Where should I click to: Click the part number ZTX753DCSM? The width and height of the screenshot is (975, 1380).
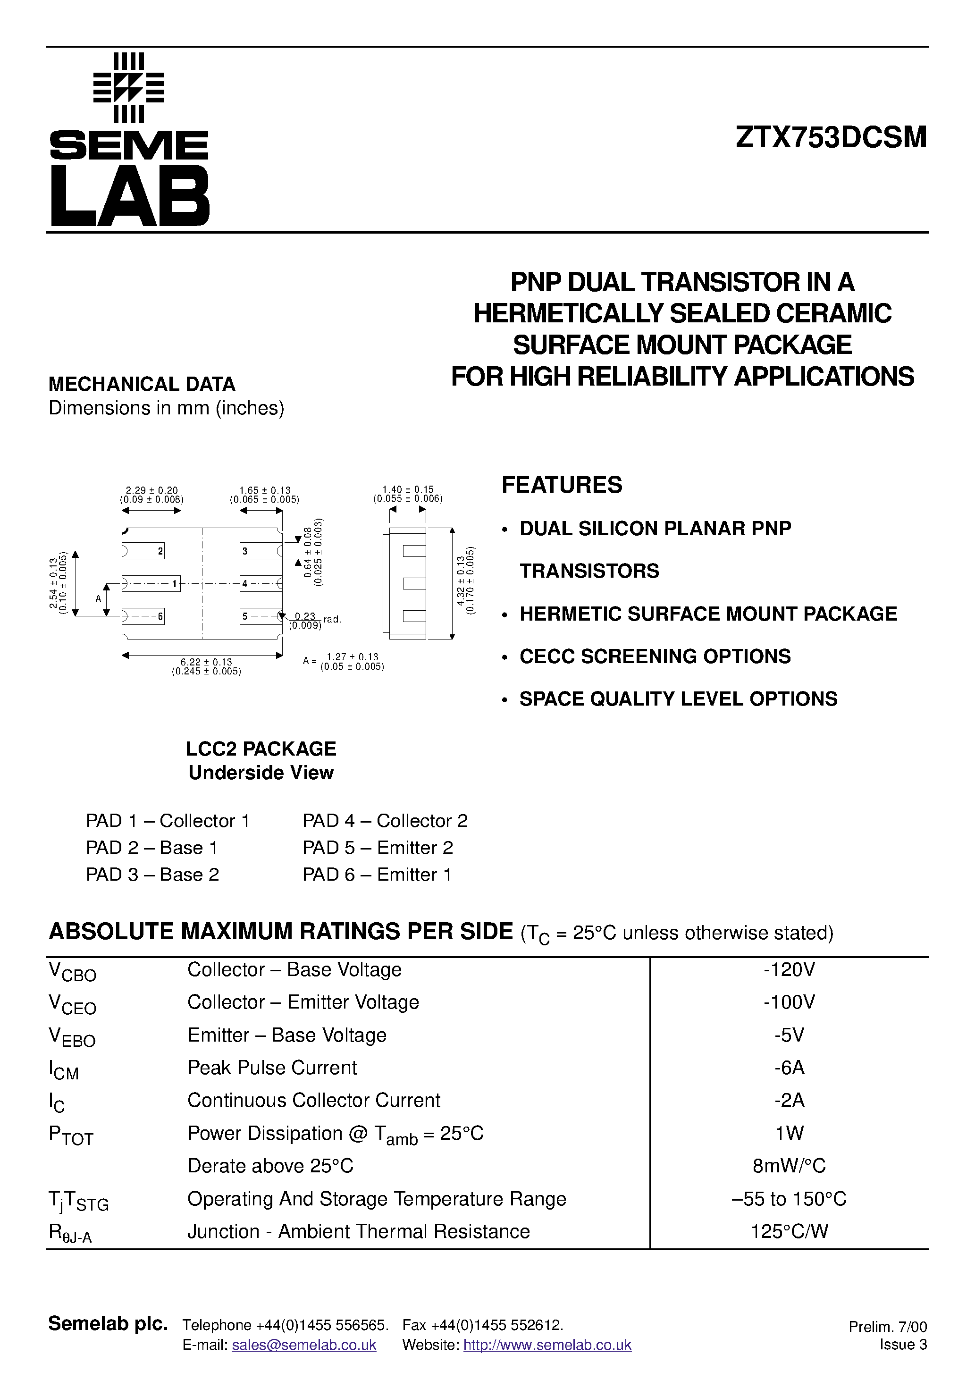pos(832,138)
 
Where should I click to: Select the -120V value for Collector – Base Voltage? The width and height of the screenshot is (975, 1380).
pos(789,969)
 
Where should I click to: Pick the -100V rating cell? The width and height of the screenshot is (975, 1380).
pos(789,1002)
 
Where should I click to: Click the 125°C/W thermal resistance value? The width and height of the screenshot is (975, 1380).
pos(789,1231)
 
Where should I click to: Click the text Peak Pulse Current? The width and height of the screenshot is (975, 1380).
pos(272,1068)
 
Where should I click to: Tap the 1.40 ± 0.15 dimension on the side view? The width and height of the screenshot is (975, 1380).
pos(408,490)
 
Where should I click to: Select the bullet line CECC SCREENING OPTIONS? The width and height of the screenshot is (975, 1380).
pos(655,656)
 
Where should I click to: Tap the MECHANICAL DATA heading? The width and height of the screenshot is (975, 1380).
pos(142,384)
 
